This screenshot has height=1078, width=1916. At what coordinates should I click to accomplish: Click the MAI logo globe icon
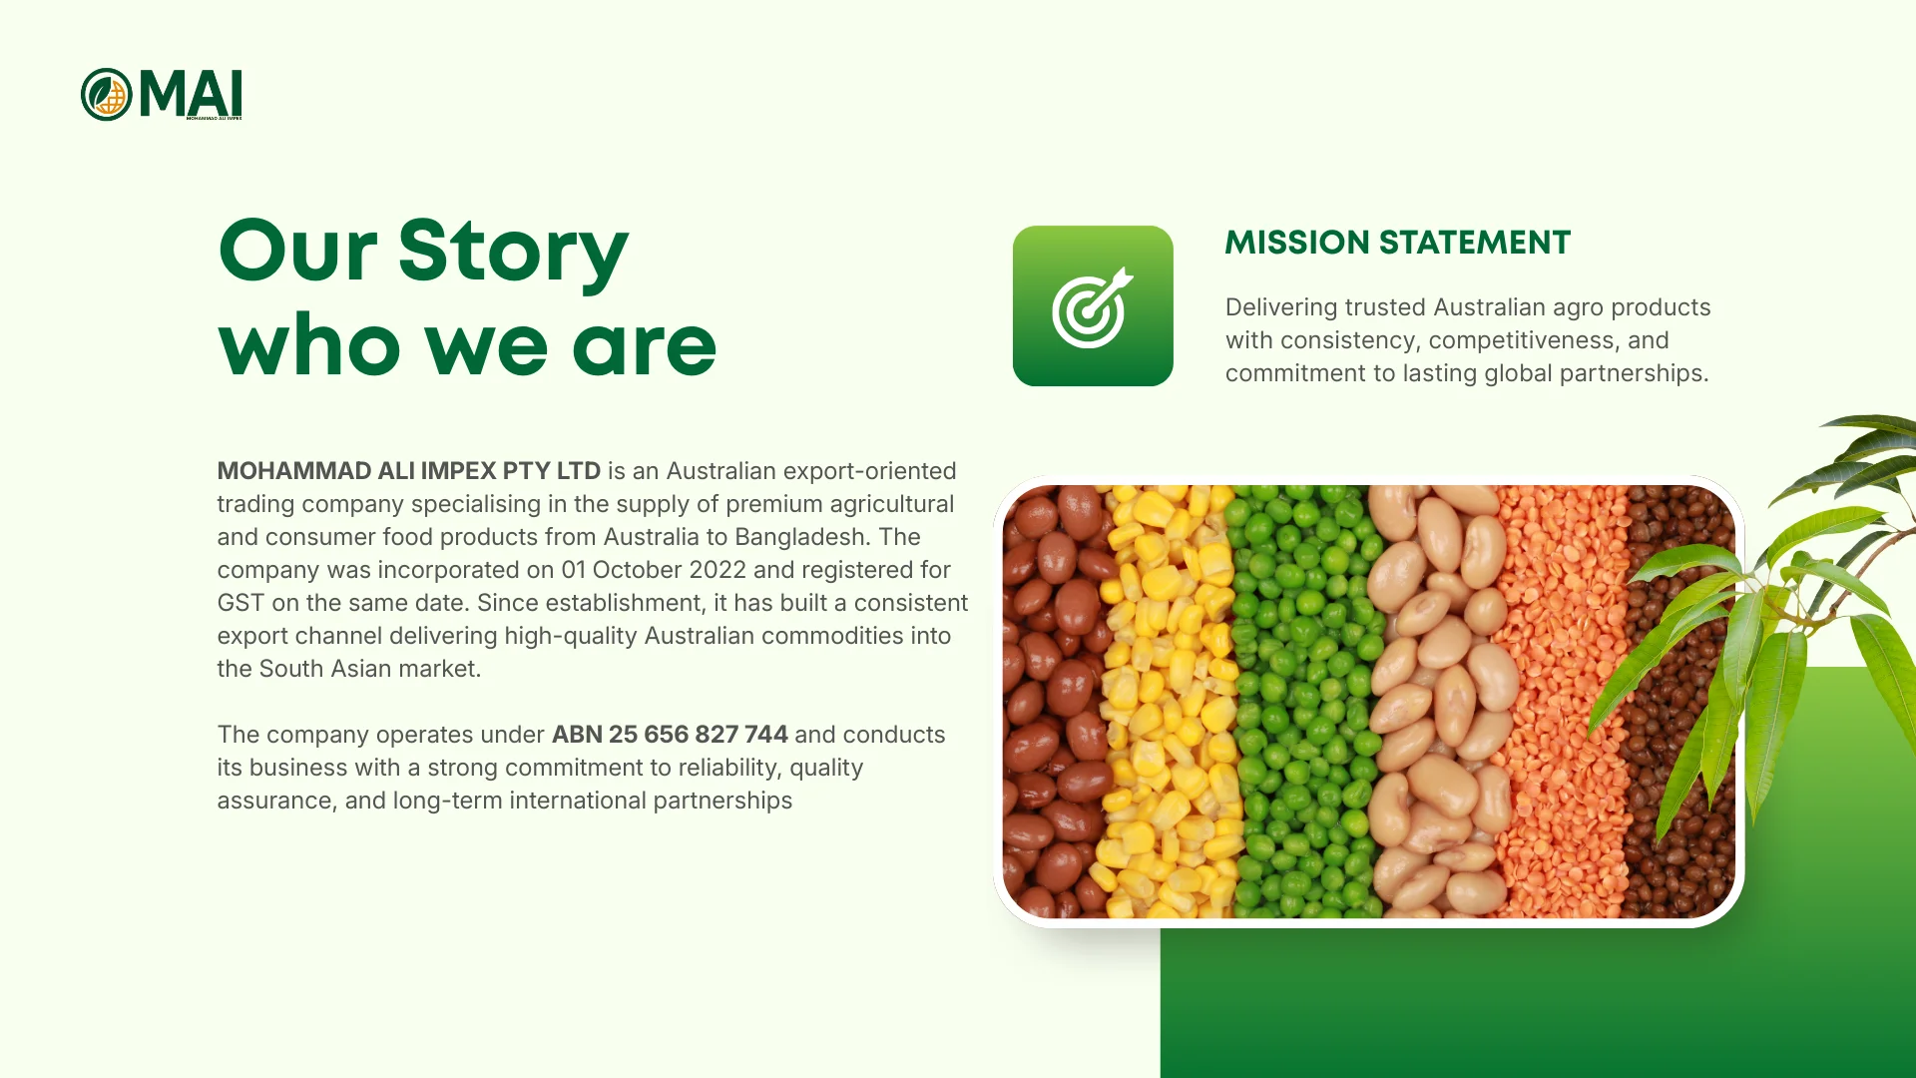pyautogui.click(x=107, y=95)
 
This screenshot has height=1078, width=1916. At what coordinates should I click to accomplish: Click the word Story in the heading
pyautogui.click(x=513, y=251)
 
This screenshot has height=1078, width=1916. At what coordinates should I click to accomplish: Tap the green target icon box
pyautogui.click(x=1093, y=305)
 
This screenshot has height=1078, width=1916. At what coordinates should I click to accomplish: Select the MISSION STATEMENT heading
pyautogui.click(x=1397, y=243)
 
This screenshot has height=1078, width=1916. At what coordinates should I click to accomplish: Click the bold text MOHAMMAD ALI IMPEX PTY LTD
pyautogui.click(x=409, y=471)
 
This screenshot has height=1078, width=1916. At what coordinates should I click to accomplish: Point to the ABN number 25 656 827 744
pyautogui.click(x=670, y=735)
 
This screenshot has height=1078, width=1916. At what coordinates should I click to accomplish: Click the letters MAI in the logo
pyautogui.click(x=191, y=95)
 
